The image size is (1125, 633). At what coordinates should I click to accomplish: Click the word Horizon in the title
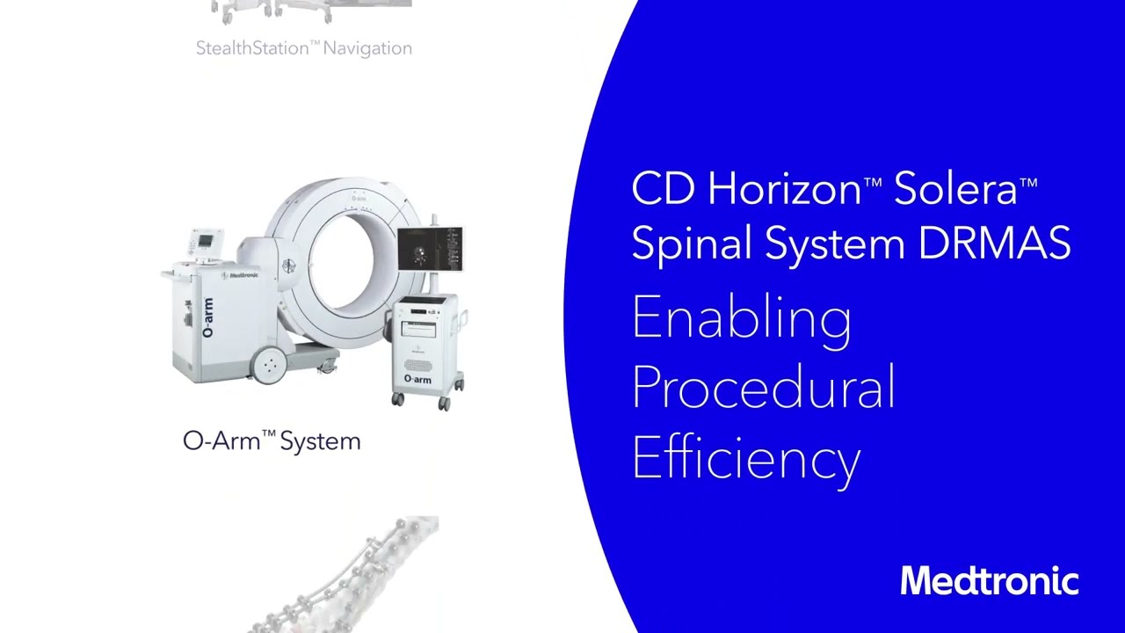[x=784, y=189]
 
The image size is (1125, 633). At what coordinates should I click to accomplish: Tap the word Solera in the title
[x=955, y=189]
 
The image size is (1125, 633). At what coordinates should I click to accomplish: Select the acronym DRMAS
[x=994, y=243]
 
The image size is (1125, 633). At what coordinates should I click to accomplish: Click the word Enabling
[x=741, y=318]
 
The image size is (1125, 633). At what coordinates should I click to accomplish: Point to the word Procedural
[x=763, y=388]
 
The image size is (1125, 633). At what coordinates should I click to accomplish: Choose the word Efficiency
[x=745, y=458]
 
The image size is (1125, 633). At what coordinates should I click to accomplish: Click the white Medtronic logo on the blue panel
[x=989, y=581]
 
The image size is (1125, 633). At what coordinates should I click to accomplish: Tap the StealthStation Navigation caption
[x=303, y=48]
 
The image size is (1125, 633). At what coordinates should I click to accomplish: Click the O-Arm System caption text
[x=272, y=440]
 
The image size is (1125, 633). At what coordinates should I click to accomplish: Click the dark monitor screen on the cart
[x=430, y=248]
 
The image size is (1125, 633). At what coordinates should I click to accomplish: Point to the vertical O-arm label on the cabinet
[x=207, y=318]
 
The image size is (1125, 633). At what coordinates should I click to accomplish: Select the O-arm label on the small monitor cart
[x=417, y=379]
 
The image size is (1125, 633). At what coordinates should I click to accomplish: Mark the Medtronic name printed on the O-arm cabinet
[x=240, y=275]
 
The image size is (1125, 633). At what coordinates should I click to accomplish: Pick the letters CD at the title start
[x=662, y=189]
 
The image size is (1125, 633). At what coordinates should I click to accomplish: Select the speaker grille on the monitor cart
[x=417, y=362]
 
